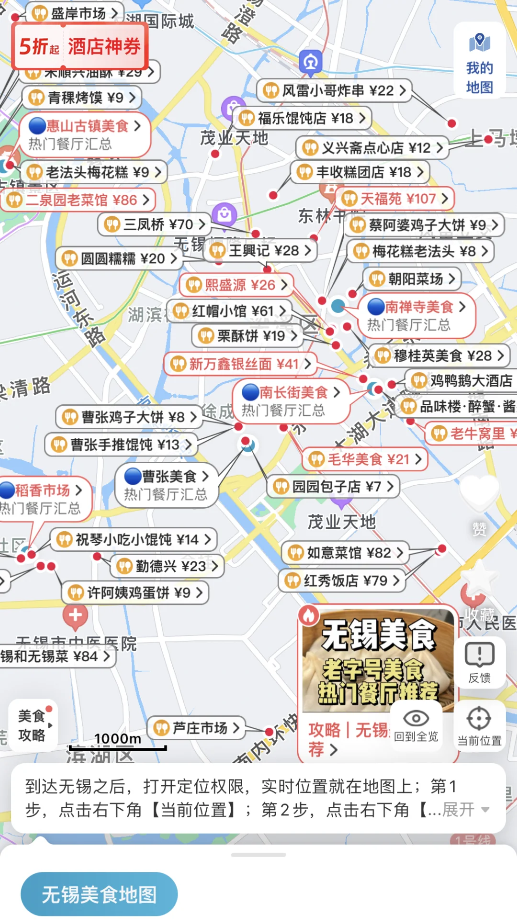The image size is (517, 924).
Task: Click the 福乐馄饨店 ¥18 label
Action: (302, 118)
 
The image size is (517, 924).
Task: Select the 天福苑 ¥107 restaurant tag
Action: (395, 199)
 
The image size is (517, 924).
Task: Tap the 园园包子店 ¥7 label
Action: (333, 487)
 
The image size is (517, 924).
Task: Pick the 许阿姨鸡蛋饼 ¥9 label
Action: (135, 593)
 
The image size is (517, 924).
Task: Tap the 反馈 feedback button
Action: (479, 663)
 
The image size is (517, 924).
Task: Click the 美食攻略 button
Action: (33, 725)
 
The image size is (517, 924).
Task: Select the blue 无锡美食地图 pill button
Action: (99, 894)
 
